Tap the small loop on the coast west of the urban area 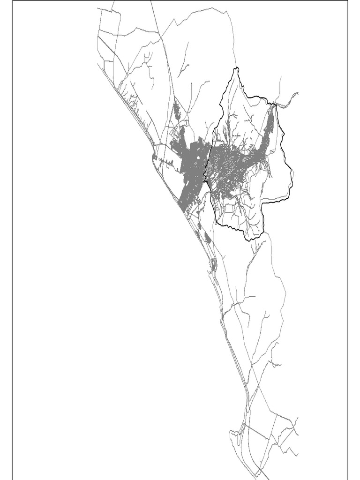tap(156, 157)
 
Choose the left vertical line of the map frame tap(13, 234)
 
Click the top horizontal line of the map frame tap(187, 1)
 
